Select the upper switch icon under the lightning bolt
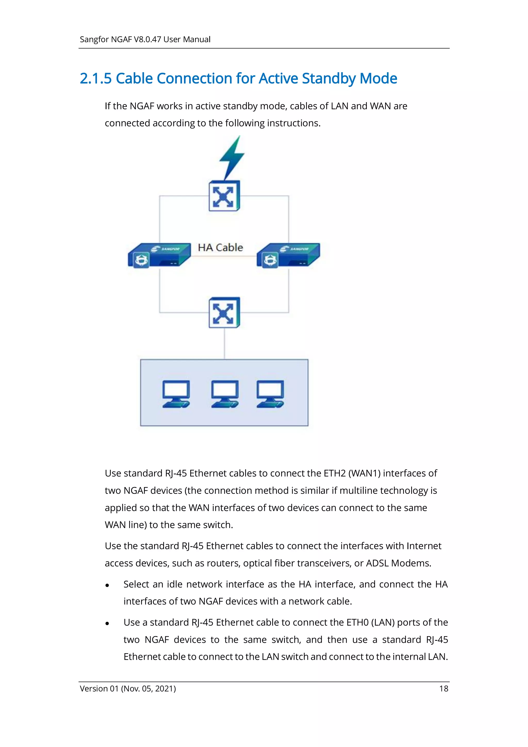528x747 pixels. pos(224,196)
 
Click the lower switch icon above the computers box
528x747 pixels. pos(224,312)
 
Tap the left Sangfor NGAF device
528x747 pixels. pos(159,255)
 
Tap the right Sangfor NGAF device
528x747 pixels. pos(288,255)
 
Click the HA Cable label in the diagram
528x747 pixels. pos(220,248)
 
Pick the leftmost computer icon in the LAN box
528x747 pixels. pos(176,394)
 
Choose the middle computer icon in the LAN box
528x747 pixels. pos(225,394)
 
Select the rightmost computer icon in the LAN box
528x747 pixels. pos(270,394)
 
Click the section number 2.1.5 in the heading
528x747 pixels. pos(96,78)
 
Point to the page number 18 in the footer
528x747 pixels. pos(443,688)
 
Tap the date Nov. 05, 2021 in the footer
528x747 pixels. pos(148,688)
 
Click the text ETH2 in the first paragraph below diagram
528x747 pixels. pos(334,473)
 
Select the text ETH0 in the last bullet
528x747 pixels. pos(358,622)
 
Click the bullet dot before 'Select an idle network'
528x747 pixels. pos(107,585)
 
